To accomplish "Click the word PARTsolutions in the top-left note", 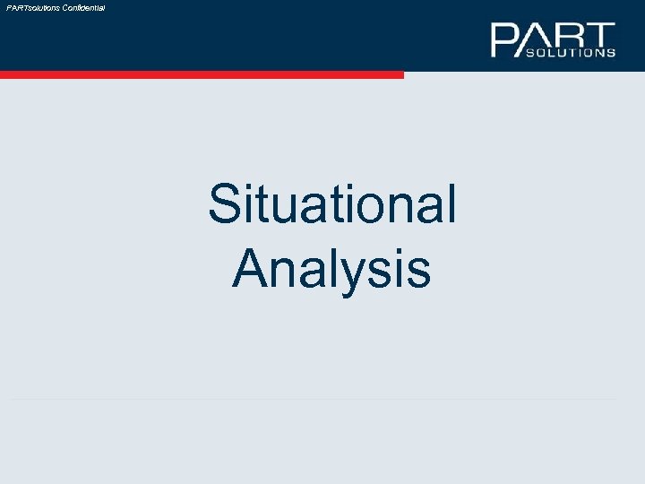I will click(x=33, y=7).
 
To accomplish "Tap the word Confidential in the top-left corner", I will click(x=83, y=7).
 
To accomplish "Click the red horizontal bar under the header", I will click(x=202, y=75).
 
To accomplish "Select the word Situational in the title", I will click(x=332, y=204).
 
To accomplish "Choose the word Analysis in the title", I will click(x=332, y=267).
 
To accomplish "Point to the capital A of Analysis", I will click(x=251, y=267).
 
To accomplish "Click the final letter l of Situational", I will click(x=451, y=203).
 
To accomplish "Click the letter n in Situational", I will click(x=395, y=209).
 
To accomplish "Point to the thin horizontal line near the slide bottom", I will click(x=314, y=398).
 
